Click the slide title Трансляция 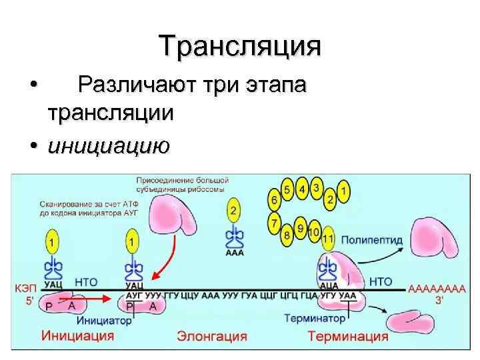click(240, 46)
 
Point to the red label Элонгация click(211, 335)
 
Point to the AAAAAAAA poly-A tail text click(436, 289)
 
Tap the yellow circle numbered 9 click(300, 229)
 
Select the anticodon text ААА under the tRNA click(234, 253)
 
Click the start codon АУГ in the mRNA click(133, 293)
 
